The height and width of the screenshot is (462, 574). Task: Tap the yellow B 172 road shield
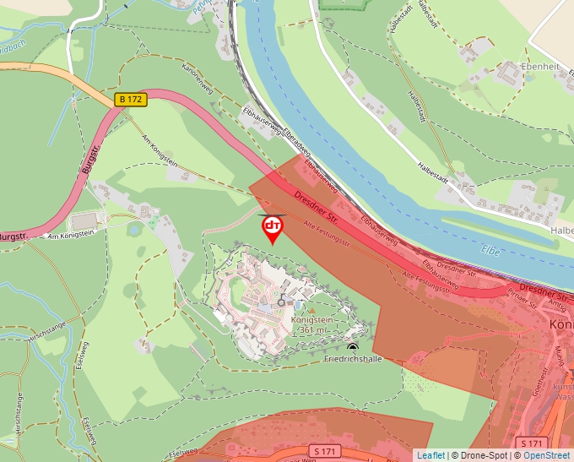click(132, 100)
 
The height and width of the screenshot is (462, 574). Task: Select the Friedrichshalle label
click(354, 359)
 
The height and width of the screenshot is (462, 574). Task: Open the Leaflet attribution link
click(430, 455)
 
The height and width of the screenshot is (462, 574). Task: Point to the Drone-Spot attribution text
click(480, 455)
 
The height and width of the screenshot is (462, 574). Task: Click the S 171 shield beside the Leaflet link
click(529, 443)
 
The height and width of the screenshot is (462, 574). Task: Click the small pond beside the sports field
click(134, 228)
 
